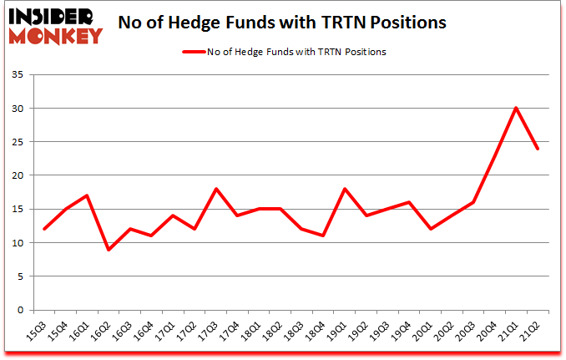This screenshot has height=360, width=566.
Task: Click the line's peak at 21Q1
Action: (517, 108)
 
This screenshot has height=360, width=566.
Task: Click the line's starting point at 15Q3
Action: (45, 229)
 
